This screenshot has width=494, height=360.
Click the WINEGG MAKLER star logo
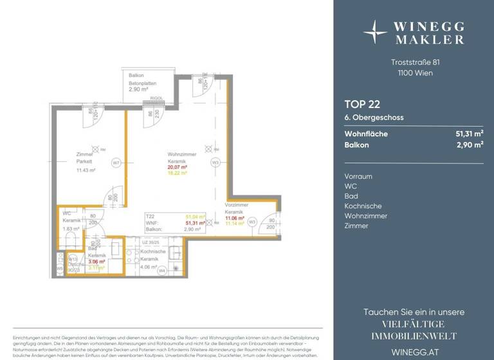(x=374, y=30)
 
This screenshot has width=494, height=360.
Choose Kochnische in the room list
(x=362, y=206)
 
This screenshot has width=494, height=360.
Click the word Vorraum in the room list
(x=358, y=176)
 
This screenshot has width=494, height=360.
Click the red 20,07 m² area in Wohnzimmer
(x=177, y=166)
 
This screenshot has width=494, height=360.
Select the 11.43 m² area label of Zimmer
(x=86, y=170)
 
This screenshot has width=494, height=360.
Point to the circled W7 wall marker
(x=116, y=163)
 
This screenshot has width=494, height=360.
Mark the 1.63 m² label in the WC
(x=71, y=228)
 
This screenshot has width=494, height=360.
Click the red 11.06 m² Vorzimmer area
(x=235, y=218)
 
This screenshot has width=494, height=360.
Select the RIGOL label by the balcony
(x=154, y=100)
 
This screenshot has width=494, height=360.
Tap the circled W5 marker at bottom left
(x=60, y=269)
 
